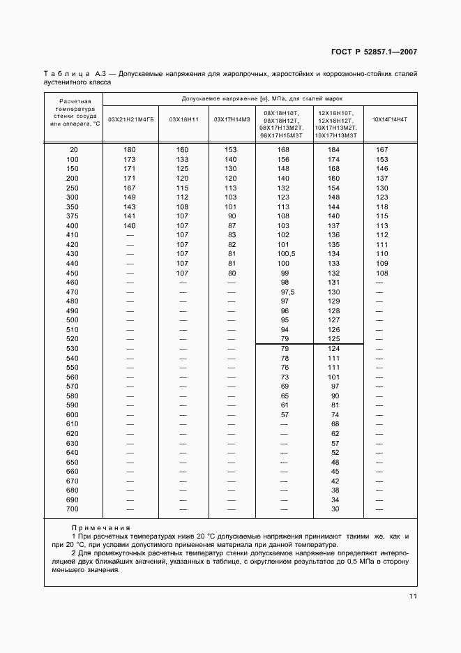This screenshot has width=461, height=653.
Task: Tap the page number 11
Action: pos(412,596)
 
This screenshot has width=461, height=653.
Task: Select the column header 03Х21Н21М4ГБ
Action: pos(130,119)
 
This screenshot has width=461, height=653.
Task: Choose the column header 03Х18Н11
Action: pos(183,119)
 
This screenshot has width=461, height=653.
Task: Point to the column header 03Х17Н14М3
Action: pos(231,119)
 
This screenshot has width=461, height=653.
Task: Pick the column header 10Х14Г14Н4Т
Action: pos(389,119)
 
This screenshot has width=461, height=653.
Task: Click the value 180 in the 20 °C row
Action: pos(130,150)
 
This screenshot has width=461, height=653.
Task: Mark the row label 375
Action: pos(73,216)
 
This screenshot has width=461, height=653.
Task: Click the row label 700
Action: pos(73,509)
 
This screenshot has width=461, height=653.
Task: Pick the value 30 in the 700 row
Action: pos(335,509)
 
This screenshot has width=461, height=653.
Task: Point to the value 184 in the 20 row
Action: pos(334,150)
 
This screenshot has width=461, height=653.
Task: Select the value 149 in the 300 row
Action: pos(130,197)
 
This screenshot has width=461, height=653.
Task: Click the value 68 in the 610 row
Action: pos(335,424)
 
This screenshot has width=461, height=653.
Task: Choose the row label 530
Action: pos(73,348)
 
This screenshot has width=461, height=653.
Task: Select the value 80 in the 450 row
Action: pos(232,273)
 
